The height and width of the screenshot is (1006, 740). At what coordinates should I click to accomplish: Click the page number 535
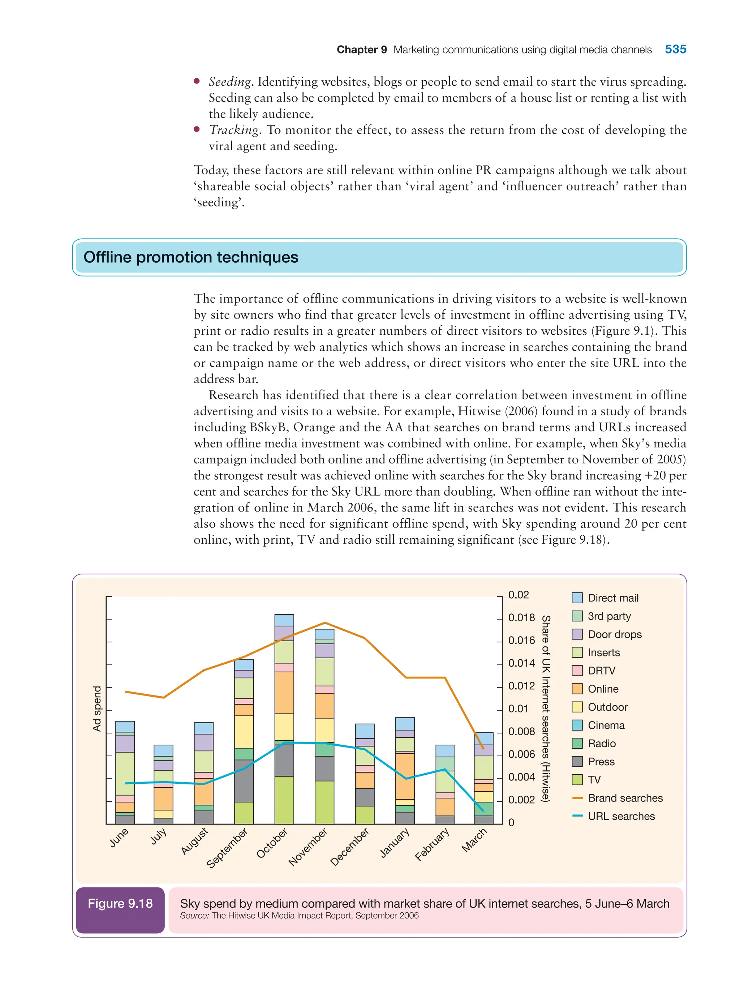(x=675, y=49)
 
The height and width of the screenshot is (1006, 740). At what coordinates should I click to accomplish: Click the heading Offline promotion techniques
(x=191, y=257)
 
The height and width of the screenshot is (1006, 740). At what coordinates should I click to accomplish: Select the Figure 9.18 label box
(x=120, y=904)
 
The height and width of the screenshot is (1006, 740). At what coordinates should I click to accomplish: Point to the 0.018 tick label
(x=521, y=617)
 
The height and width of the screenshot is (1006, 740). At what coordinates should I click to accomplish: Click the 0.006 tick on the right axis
(x=521, y=754)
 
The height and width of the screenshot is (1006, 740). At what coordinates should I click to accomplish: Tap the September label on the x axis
(x=228, y=847)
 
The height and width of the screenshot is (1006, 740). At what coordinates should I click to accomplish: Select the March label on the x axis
(x=474, y=840)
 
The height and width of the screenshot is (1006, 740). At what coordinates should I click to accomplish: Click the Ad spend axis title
(x=97, y=709)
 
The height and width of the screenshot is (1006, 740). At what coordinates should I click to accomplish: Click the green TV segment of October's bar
(x=284, y=800)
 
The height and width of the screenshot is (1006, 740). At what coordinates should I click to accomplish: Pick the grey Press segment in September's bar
(x=244, y=780)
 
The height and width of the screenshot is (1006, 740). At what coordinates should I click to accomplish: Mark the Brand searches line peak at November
(x=325, y=623)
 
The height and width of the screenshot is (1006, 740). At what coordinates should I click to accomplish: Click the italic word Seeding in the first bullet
(x=230, y=82)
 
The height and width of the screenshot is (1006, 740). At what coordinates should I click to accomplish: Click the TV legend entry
(x=594, y=780)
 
